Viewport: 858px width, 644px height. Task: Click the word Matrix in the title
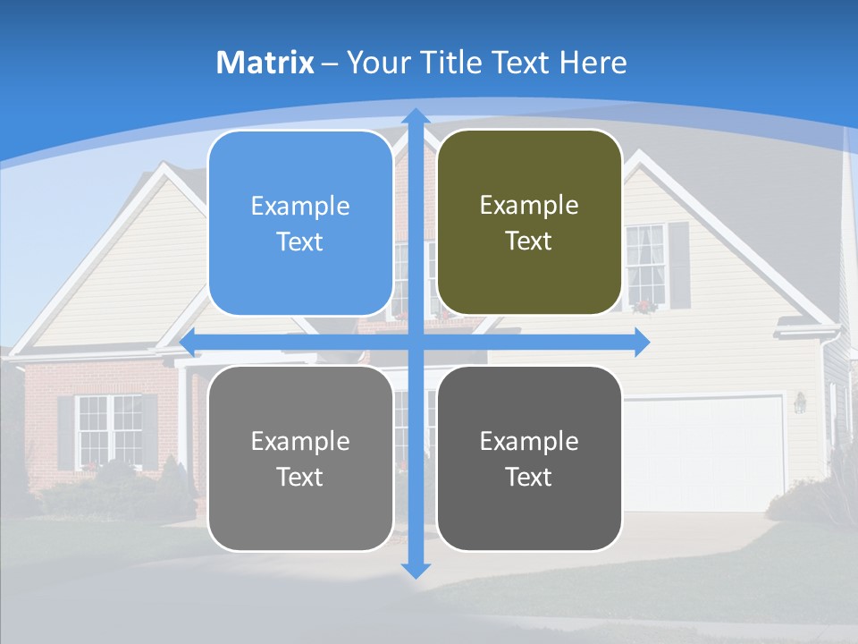point(265,63)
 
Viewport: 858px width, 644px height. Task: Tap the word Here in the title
point(593,63)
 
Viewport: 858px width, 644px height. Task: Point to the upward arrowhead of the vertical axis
point(415,116)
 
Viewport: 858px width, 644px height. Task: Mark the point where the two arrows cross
point(415,343)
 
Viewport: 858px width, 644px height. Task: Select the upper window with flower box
point(645,267)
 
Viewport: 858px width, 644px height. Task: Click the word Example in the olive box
point(529,206)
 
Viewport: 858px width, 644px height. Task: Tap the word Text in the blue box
point(300,242)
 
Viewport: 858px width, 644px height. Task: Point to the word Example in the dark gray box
point(529,441)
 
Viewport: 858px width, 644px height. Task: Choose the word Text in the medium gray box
point(300,477)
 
